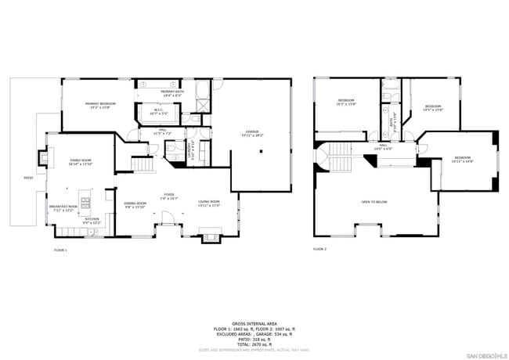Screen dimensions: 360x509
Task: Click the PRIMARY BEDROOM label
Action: pos(100,104)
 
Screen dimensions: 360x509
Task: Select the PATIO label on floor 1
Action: pos(28,178)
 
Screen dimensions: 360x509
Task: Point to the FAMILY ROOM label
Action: pos(81,160)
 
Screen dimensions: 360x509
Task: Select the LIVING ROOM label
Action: pos(208,202)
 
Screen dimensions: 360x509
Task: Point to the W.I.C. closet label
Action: pos(159,110)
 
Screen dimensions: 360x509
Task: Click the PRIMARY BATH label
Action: pos(171,92)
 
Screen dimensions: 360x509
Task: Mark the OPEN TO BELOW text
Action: pos(374,201)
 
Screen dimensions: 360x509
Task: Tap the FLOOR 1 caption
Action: pos(60,249)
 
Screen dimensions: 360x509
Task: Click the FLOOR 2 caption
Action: pos(319,249)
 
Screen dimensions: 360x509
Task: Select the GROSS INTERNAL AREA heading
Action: pos(254,323)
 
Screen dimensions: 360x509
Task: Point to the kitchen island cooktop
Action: pos(85,194)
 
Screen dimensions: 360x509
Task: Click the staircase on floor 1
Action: pos(142,165)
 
